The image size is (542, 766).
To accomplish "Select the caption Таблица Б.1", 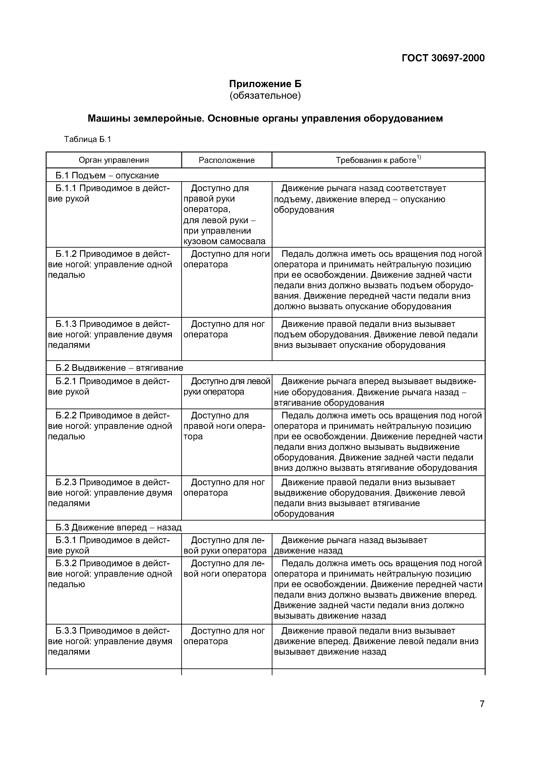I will coord(87,139).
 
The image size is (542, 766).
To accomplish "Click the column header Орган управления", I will coord(113,160).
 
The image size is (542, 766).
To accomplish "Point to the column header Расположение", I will coord(227,160).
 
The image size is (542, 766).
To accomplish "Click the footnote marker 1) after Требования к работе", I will coord(419,157).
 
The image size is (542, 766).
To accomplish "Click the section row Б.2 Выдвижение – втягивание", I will coord(119,368).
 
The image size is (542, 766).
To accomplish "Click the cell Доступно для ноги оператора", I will coord(227,259).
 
